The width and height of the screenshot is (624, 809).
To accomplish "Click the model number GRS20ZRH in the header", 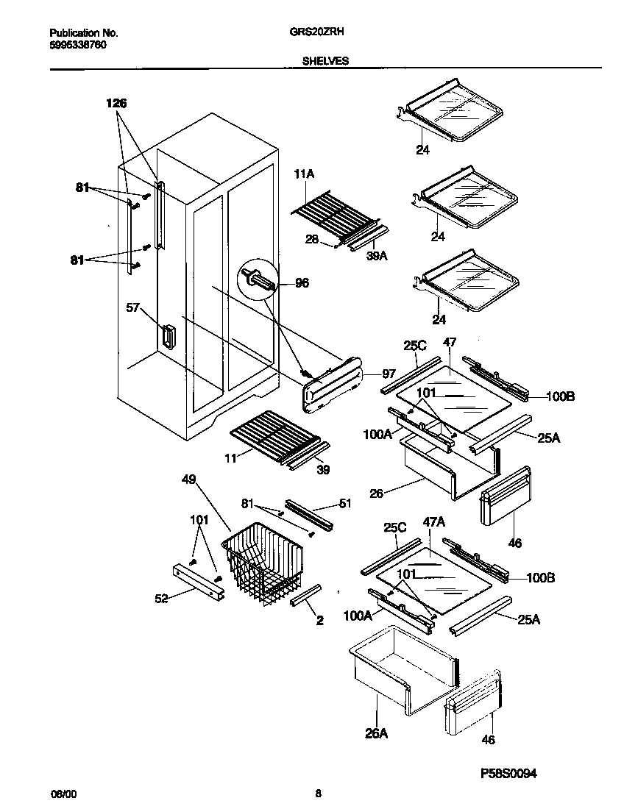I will pyautogui.click(x=324, y=33).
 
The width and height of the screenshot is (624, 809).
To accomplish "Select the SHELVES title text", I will pyautogui.click(x=325, y=62).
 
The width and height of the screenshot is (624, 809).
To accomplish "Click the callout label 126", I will pyautogui.click(x=116, y=104).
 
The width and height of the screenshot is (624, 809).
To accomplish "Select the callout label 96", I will pyautogui.click(x=302, y=282).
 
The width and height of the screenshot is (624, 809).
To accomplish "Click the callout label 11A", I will pyautogui.click(x=304, y=174).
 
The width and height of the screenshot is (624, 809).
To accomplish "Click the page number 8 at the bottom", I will pyautogui.click(x=318, y=794).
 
